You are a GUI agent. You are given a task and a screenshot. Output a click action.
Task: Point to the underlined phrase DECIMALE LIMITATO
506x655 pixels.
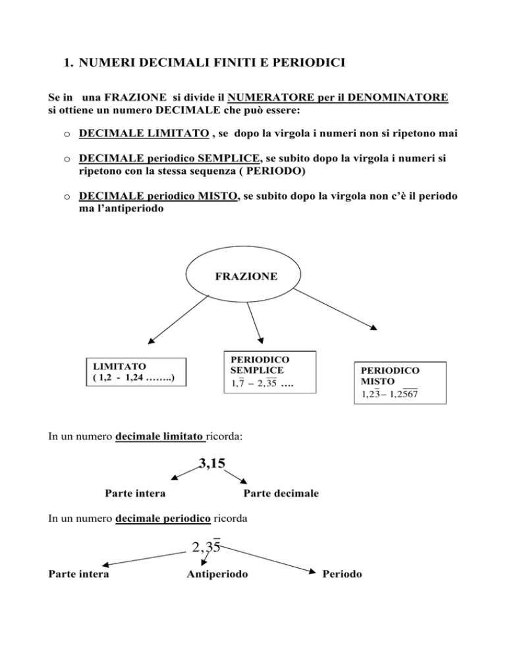coord(144,133)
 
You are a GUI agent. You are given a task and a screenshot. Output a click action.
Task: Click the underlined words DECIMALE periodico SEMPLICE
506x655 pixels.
coord(169,158)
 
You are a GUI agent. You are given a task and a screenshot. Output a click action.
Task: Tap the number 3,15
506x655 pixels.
coord(212,463)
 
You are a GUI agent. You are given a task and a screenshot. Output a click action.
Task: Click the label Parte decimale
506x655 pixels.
coord(281,494)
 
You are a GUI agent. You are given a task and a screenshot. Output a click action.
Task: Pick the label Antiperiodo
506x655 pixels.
coord(217,574)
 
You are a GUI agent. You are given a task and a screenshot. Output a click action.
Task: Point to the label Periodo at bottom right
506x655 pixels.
coord(342,574)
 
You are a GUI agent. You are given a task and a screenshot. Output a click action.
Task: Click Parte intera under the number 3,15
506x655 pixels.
coord(135,494)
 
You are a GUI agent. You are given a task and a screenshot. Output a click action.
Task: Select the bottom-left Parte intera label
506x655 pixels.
coord(78,574)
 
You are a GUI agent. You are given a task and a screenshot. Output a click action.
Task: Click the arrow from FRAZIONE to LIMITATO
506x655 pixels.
coord(178,320)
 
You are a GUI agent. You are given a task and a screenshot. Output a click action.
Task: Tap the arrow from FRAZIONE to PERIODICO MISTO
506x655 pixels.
coord(335,309)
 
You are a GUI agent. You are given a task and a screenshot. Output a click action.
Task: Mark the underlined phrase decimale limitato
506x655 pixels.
coord(161,436)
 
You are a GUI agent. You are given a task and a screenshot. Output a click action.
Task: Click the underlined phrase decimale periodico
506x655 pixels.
coord(163,519)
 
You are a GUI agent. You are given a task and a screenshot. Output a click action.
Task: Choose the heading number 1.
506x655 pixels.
coord(68,63)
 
